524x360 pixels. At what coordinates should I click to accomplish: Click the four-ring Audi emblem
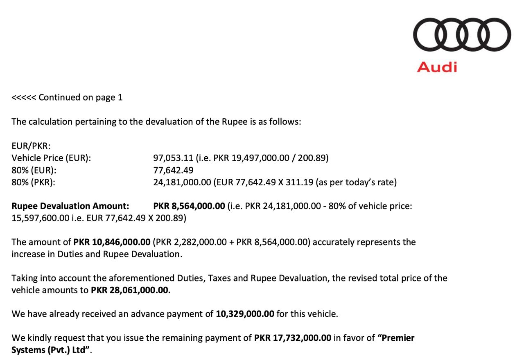point(462,34)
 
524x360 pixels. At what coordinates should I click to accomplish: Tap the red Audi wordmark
point(437,67)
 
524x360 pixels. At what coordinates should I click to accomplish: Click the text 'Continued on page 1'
point(81,97)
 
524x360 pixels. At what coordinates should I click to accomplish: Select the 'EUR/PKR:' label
point(31,146)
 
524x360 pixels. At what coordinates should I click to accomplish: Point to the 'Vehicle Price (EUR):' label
point(51,158)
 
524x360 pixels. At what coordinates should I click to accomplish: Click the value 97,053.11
point(173,158)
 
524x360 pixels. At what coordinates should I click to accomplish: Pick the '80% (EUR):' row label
point(34,170)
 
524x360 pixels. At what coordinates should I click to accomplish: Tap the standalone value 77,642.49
point(173,170)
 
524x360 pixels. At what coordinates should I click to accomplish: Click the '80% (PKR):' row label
point(34,182)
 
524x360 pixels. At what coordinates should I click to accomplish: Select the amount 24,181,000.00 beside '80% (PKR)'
point(182,182)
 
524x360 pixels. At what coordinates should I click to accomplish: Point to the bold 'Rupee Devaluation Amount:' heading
point(70,206)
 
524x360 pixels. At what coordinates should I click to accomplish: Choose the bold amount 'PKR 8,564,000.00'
point(189,206)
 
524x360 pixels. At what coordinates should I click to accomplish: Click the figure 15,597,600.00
point(40,218)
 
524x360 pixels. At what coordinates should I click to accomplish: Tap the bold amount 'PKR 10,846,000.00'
point(112,242)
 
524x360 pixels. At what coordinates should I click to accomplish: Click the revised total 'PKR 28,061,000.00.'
point(131,290)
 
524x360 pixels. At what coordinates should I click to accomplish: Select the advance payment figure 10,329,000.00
point(245,314)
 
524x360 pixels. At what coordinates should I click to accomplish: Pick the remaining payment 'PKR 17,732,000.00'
point(292,338)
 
